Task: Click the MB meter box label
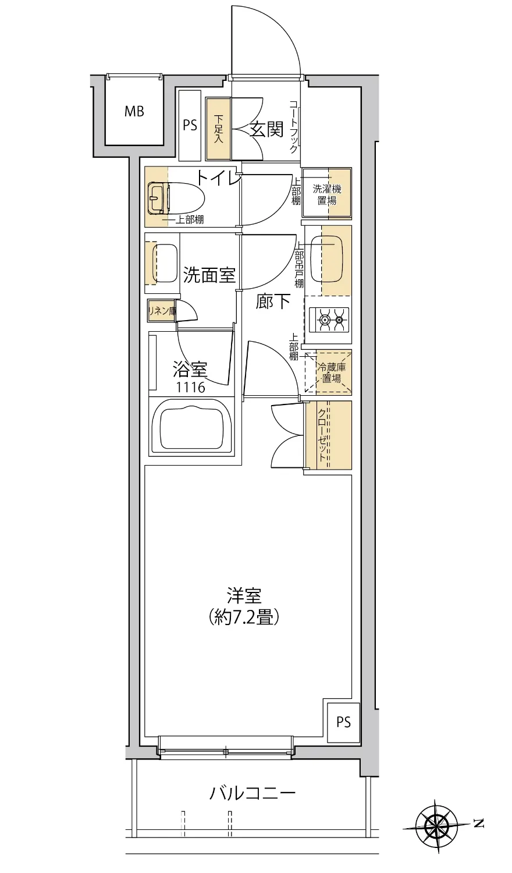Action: tap(134, 111)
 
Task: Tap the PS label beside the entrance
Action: tap(190, 125)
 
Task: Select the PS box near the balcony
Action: tap(343, 722)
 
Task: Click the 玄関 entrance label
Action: tap(266, 130)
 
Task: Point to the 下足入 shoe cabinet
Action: tap(218, 129)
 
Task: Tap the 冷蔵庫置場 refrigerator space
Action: tap(330, 372)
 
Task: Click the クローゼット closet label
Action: tap(322, 435)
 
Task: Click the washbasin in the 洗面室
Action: tap(165, 263)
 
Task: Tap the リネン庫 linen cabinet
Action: tap(161, 311)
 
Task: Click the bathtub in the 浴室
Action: tap(191, 427)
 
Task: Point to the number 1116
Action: tap(191, 387)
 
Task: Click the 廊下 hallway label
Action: tap(273, 301)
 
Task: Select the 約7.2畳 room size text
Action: tap(244, 617)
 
